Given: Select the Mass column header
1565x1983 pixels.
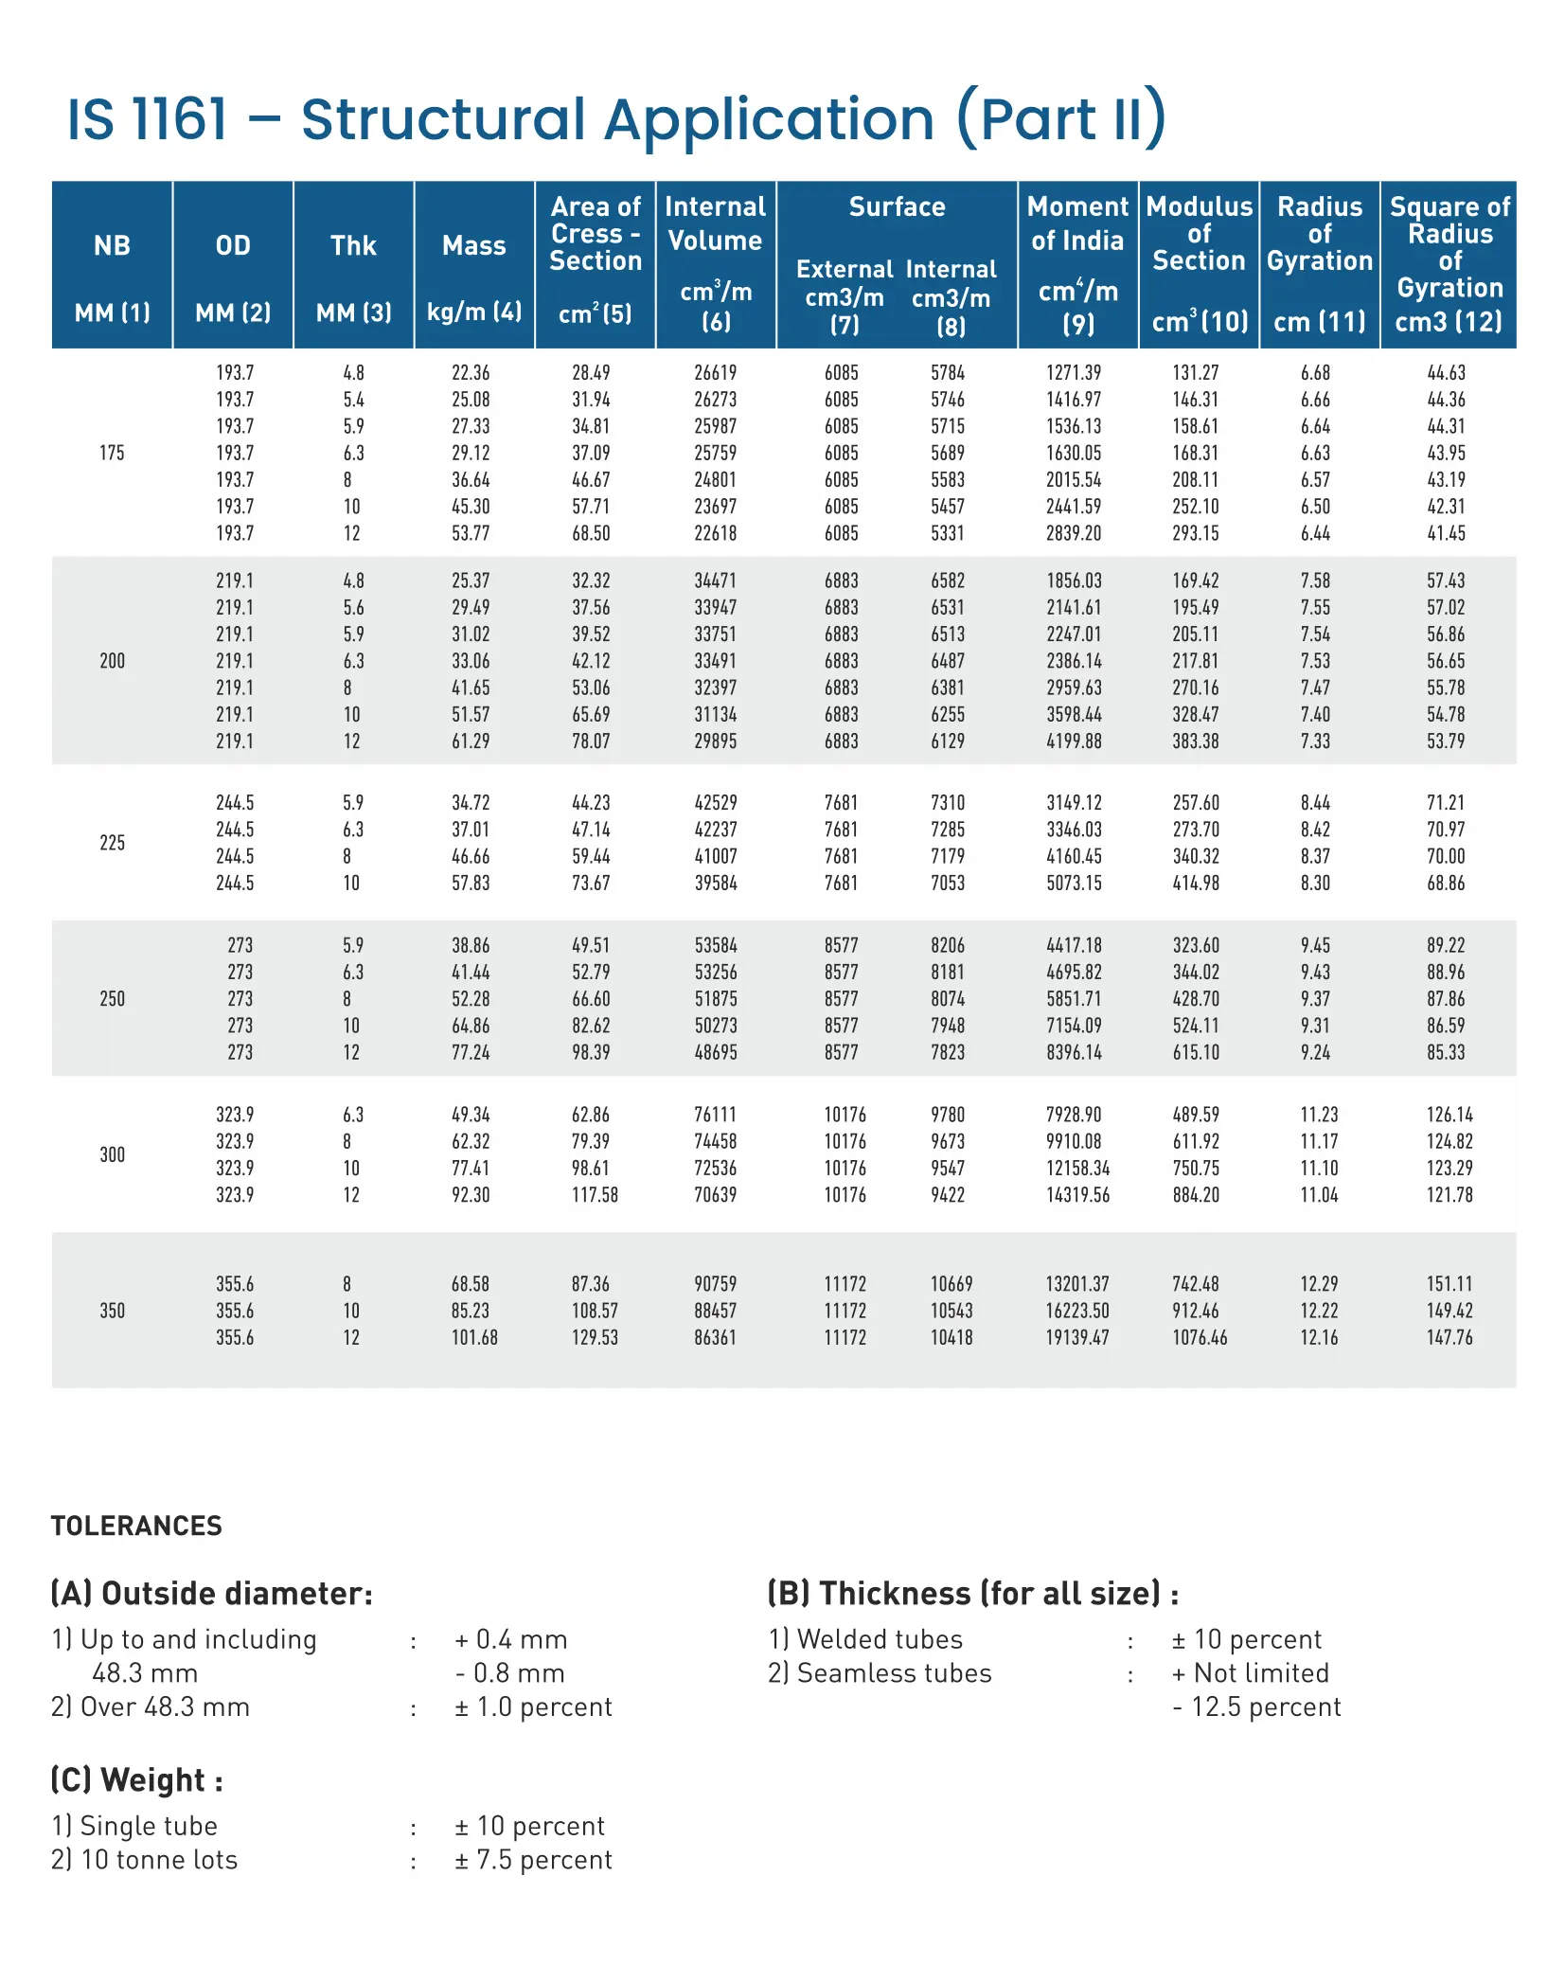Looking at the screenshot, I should tap(473, 246).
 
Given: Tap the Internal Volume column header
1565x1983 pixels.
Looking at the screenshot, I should tap(715, 223).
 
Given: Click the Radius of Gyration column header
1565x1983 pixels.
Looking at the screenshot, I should tap(1319, 233).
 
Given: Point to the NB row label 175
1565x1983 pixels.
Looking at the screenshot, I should tap(112, 453).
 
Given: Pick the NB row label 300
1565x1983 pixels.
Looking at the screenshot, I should tap(112, 1154).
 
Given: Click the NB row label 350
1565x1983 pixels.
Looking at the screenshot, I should tap(112, 1311).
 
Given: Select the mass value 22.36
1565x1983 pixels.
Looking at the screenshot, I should tap(471, 373).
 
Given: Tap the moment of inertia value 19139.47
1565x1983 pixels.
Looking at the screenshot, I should tap(1076, 1337).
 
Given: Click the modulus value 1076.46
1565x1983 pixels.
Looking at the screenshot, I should tap(1199, 1337).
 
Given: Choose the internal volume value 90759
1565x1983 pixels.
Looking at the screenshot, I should tap(715, 1284).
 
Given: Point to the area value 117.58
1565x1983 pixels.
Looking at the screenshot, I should tap(594, 1195).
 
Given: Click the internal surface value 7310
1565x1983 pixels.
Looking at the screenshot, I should tap(947, 803).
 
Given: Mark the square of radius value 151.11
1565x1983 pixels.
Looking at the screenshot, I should tap(1449, 1284).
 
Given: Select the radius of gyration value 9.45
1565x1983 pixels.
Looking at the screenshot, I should tap(1314, 945).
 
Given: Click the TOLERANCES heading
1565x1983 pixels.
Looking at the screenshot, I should tap(136, 1526).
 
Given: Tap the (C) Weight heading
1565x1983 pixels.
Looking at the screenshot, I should tap(136, 1780).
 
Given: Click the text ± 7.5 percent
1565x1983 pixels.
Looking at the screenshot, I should tap(533, 1860).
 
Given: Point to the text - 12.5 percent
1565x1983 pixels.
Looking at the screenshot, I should tap(1255, 1706).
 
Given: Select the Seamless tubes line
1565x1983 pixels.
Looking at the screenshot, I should tap(880, 1673).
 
